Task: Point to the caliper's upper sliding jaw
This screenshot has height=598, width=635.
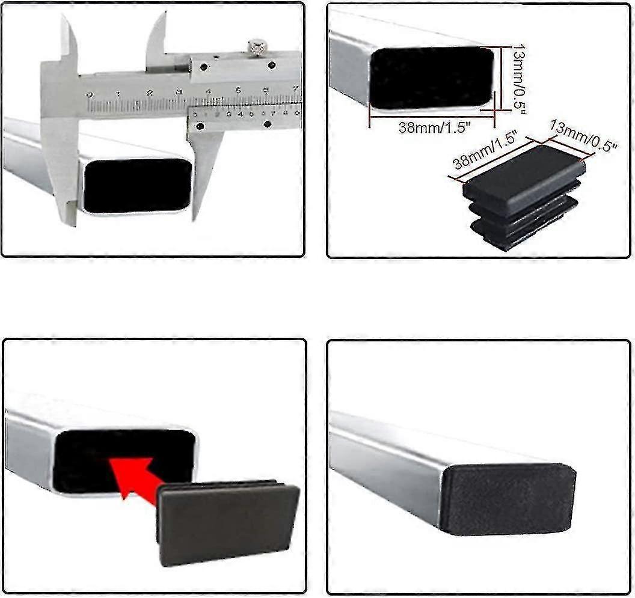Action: pyautogui.click(x=158, y=36)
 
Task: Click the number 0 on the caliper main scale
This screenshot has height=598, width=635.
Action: pyautogui.click(x=90, y=94)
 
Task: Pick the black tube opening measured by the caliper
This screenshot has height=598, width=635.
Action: pyautogui.click(x=137, y=185)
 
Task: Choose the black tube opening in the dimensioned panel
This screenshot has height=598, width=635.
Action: pyautogui.click(x=431, y=78)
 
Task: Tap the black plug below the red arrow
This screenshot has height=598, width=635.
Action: pyautogui.click(x=229, y=523)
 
